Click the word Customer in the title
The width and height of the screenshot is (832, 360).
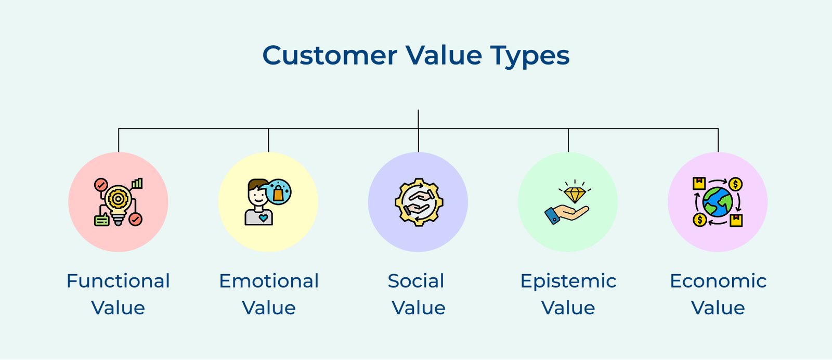329,56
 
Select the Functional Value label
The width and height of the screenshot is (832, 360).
118,294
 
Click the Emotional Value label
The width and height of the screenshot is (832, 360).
268,294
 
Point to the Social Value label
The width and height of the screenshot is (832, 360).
418,294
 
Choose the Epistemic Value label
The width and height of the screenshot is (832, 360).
568,294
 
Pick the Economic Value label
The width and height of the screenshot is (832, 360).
718,294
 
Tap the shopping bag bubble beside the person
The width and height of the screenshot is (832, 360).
278,192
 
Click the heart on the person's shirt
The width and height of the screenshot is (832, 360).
263,218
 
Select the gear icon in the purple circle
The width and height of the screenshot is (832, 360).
418,202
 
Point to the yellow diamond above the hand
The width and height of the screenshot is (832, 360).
575,195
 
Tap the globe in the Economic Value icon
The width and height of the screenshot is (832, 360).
718,202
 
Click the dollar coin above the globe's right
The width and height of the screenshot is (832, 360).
735,184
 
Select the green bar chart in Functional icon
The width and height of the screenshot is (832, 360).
137,184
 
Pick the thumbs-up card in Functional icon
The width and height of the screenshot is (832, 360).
102,220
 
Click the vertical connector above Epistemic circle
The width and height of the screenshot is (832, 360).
568,140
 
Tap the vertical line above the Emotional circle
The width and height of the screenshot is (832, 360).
268,140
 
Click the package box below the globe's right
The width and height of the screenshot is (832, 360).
736,220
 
